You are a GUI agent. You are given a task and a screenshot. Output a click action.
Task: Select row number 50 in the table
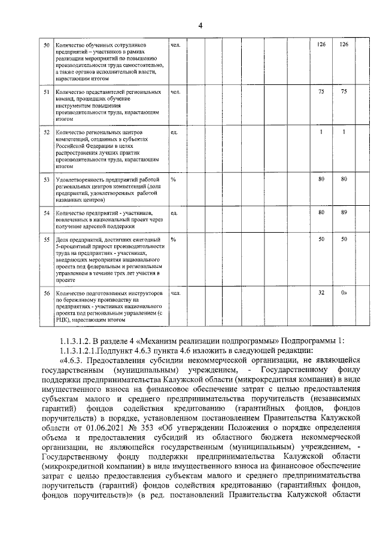(x=47, y=45)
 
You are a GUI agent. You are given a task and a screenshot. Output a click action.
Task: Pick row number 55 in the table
(x=47, y=240)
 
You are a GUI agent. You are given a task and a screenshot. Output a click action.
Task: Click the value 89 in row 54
(x=344, y=212)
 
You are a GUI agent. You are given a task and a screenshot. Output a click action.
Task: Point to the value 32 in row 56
(x=321, y=293)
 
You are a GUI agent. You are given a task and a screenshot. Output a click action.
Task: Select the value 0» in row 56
(x=344, y=293)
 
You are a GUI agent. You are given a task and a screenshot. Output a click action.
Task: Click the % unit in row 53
(x=173, y=179)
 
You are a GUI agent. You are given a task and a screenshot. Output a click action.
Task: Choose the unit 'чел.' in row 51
(x=175, y=93)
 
